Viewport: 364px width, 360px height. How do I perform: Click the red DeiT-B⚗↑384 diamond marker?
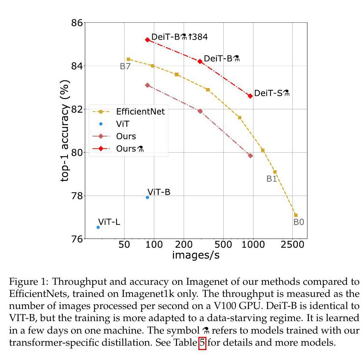tap(147, 40)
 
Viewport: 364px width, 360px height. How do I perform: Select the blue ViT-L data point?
tap(98, 227)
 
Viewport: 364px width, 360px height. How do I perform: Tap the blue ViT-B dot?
tap(147, 197)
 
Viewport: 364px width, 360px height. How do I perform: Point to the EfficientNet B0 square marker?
tap(296, 215)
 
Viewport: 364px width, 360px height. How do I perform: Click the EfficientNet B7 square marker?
tap(128, 59)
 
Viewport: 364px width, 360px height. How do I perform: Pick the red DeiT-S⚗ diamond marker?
tap(250, 96)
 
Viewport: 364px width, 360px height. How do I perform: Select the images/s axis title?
tap(196, 255)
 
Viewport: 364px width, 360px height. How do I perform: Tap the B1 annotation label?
tap(272, 179)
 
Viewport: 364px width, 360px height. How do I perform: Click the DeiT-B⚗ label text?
tap(222, 59)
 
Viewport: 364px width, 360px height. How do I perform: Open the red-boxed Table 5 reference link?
tap(202, 344)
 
